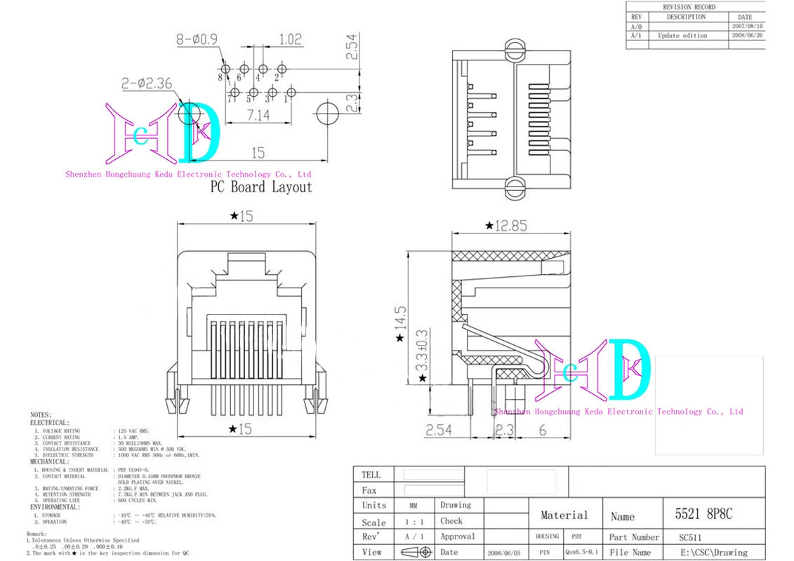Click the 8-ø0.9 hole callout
pyautogui.click(x=197, y=41)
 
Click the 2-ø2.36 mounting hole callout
pyautogui.click(x=146, y=83)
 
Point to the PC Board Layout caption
pyautogui.click(x=261, y=187)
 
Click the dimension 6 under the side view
pyautogui.click(x=542, y=431)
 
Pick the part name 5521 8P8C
pyautogui.click(x=703, y=514)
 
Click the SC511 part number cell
pyautogui.click(x=689, y=537)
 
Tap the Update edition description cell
pyautogui.click(x=682, y=35)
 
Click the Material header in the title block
pyautogui.click(x=564, y=515)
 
